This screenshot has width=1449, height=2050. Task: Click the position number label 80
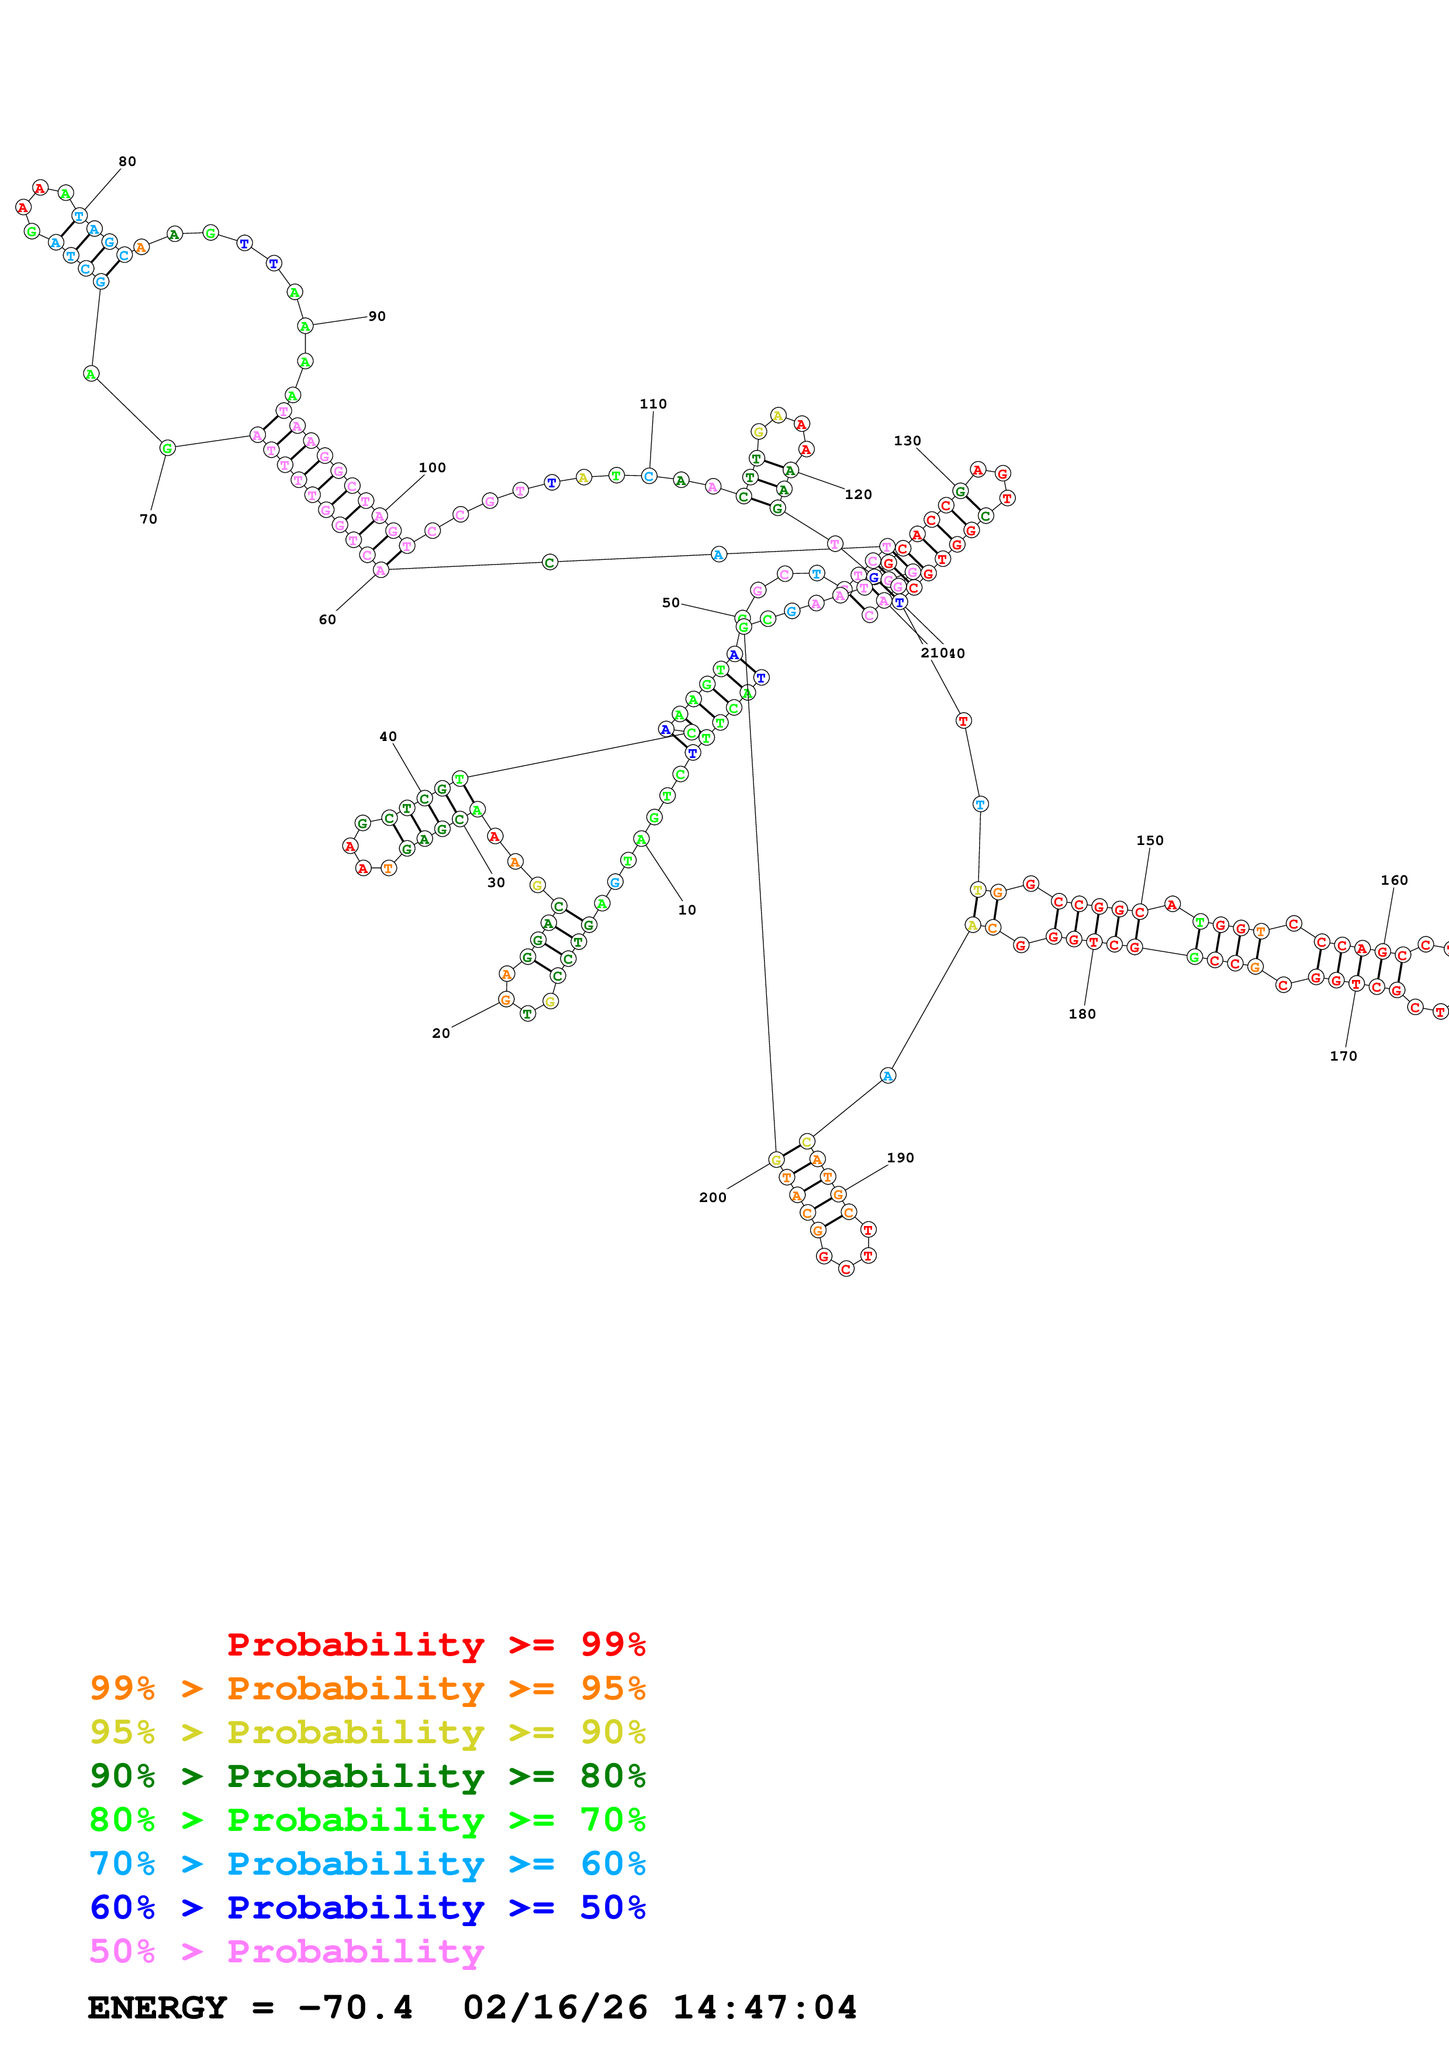(x=127, y=162)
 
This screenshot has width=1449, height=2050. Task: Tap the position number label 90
(x=377, y=316)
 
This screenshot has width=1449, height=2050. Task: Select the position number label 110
(x=653, y=404)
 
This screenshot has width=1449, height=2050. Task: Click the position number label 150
(x=1150, y=840)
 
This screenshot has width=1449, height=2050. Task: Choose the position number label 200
(x=713, y=1197)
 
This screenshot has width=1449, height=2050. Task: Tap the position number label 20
(x=441, y=1033)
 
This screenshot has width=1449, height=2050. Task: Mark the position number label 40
(x=388, y=736)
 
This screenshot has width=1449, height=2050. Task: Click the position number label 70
(x=148, y=519)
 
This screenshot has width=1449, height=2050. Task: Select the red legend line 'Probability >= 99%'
(x=435, y=1644)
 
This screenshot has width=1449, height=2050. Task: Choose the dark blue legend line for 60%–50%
(x=367, y=1907)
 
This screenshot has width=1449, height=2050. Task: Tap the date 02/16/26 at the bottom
(x=555, y=2007)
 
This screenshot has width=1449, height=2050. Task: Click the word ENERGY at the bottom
(x=157, y=2007)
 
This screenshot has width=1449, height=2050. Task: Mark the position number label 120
(x=858, y=494)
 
